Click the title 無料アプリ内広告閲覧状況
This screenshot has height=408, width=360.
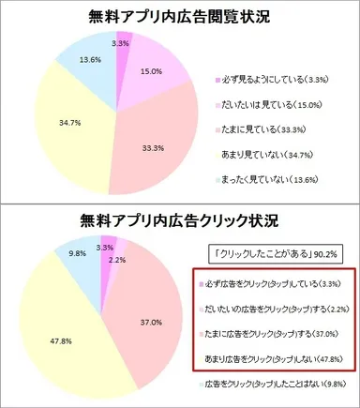coord(180,17)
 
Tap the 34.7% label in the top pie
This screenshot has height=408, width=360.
coord(41,123)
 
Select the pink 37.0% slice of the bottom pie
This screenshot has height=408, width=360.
coord(150,300)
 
